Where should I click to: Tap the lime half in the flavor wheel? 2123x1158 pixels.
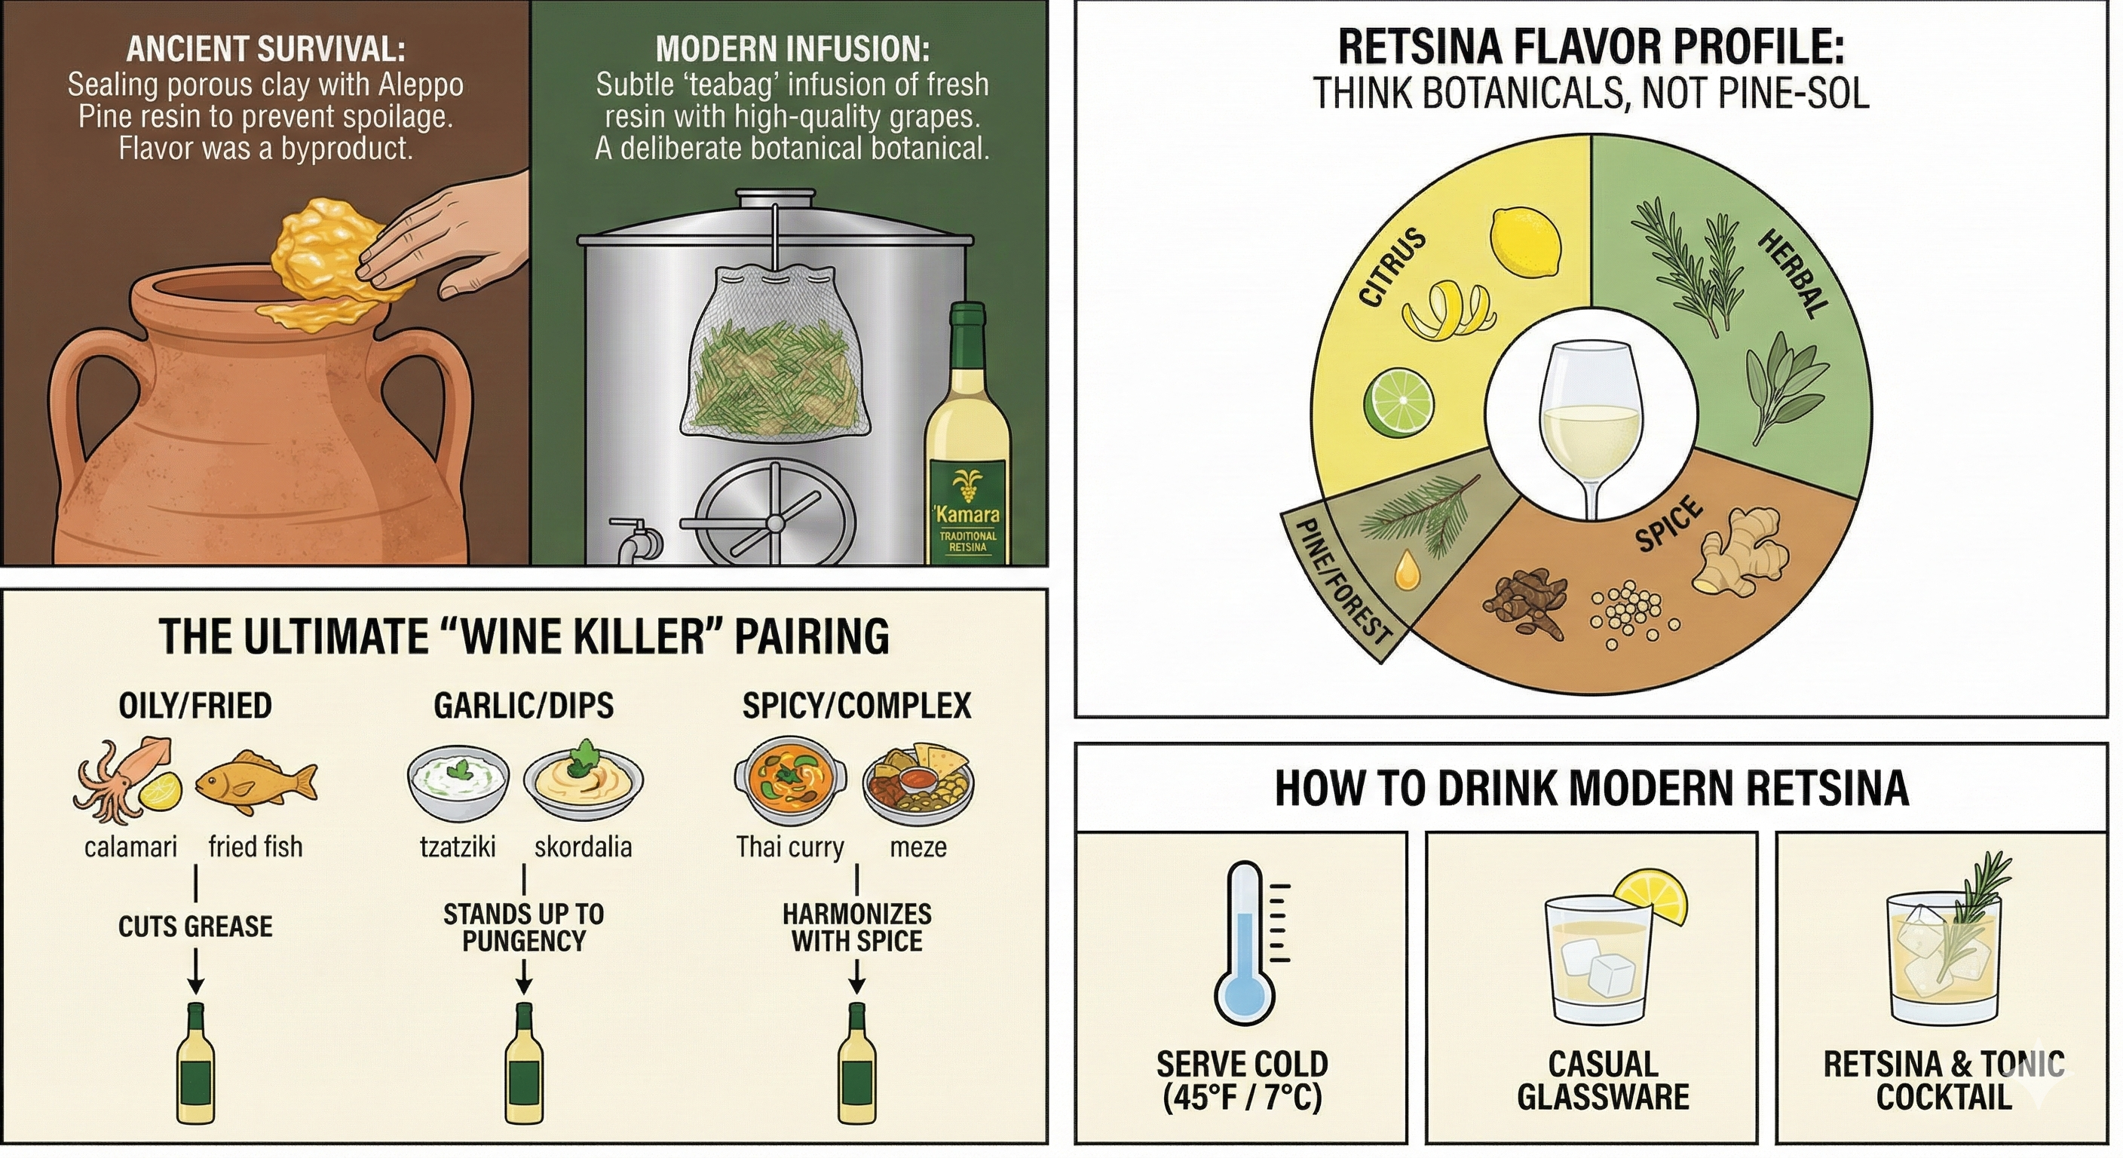click(1398, 405)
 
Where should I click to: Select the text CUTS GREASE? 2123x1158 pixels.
click(195, 927)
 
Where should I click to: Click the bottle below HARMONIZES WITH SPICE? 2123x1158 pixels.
click(857, 1063)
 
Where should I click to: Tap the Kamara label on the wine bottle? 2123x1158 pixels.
click(967, 515)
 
